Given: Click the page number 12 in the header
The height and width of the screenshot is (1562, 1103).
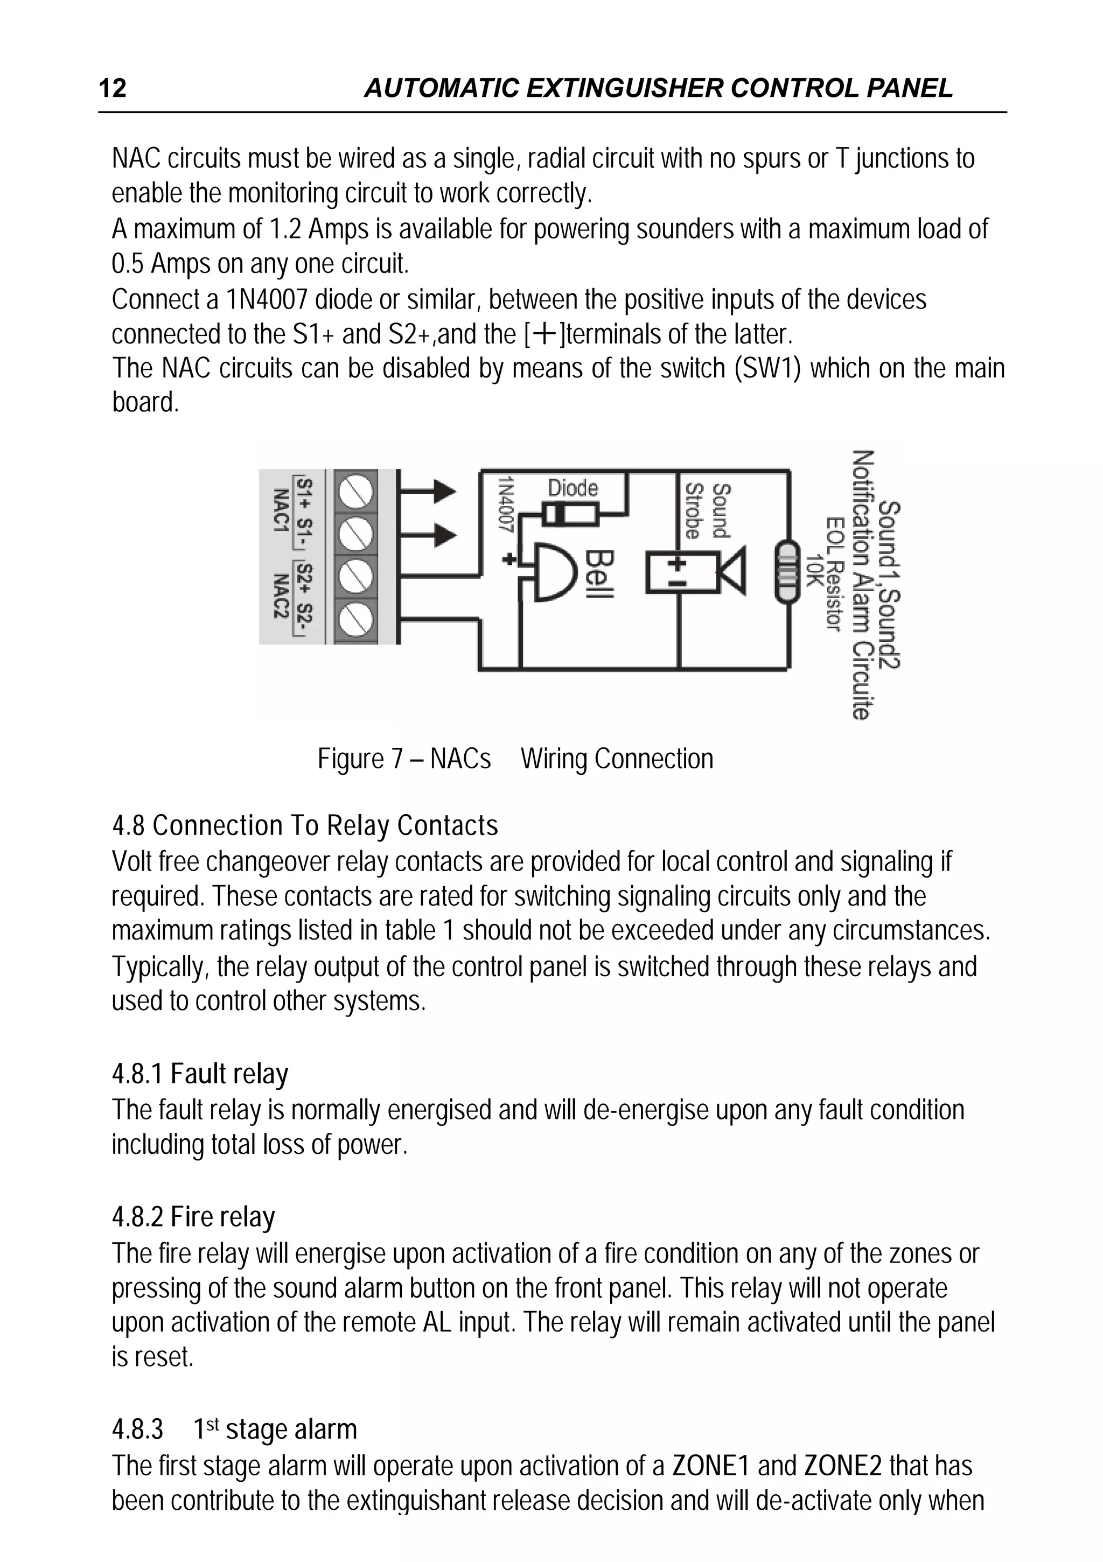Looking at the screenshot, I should pos(113,88).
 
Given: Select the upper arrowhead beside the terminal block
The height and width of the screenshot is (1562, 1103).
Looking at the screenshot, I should pos(444,491).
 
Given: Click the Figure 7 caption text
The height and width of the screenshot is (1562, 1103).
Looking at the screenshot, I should pos(515,759).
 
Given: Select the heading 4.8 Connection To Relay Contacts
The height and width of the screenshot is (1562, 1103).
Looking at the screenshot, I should pos(305,826).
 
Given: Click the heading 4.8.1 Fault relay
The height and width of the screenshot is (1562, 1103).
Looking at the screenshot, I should pos(200,1074).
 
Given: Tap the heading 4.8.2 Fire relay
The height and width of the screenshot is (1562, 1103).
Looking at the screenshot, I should pos(193,1216).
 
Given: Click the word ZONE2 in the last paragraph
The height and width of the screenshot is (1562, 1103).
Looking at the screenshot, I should pos(842,1466).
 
